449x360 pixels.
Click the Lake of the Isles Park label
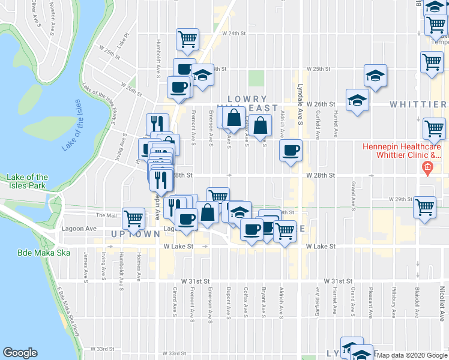tap(28, 181)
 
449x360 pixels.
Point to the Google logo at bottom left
tap(20, 353)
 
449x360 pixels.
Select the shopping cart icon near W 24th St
tap(188, 39)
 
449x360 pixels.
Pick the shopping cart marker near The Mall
tap(133, 217)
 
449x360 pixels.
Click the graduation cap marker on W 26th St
tap(357, 100)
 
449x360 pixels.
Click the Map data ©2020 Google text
tap(412, 355)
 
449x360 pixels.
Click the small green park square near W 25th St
tap(256, 79)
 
